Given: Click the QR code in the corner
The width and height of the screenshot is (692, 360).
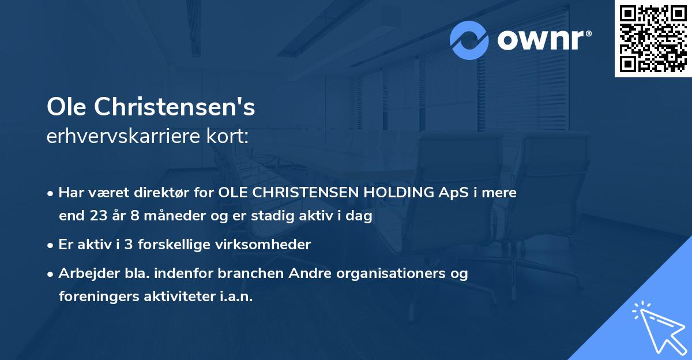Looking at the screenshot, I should tap(653, 38).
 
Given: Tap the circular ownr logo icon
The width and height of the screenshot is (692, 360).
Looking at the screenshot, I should tap(469, 40).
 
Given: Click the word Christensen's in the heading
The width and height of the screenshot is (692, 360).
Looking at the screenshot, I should tap(175, 107).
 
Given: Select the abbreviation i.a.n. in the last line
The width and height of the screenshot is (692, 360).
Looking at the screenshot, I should tap(236, 297).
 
